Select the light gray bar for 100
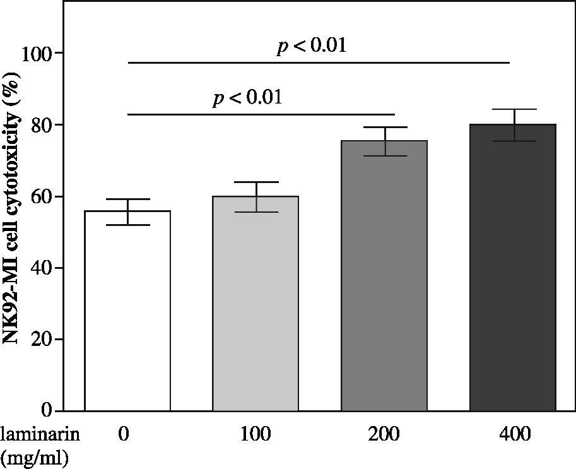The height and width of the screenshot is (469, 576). [x=256, y=303]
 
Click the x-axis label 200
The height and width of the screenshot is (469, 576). [x=384, y=434]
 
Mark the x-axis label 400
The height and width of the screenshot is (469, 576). [x=513, y=434]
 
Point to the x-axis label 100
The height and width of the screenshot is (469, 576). [x=256, y=434]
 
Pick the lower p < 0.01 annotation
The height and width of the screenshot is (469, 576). [x=247, y=98]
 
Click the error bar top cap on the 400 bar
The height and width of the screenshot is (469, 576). [x=513, y=110]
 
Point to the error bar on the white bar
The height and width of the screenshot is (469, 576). [x=127, y=211]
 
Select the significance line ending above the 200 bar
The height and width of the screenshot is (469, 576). [x=261, y=114]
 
